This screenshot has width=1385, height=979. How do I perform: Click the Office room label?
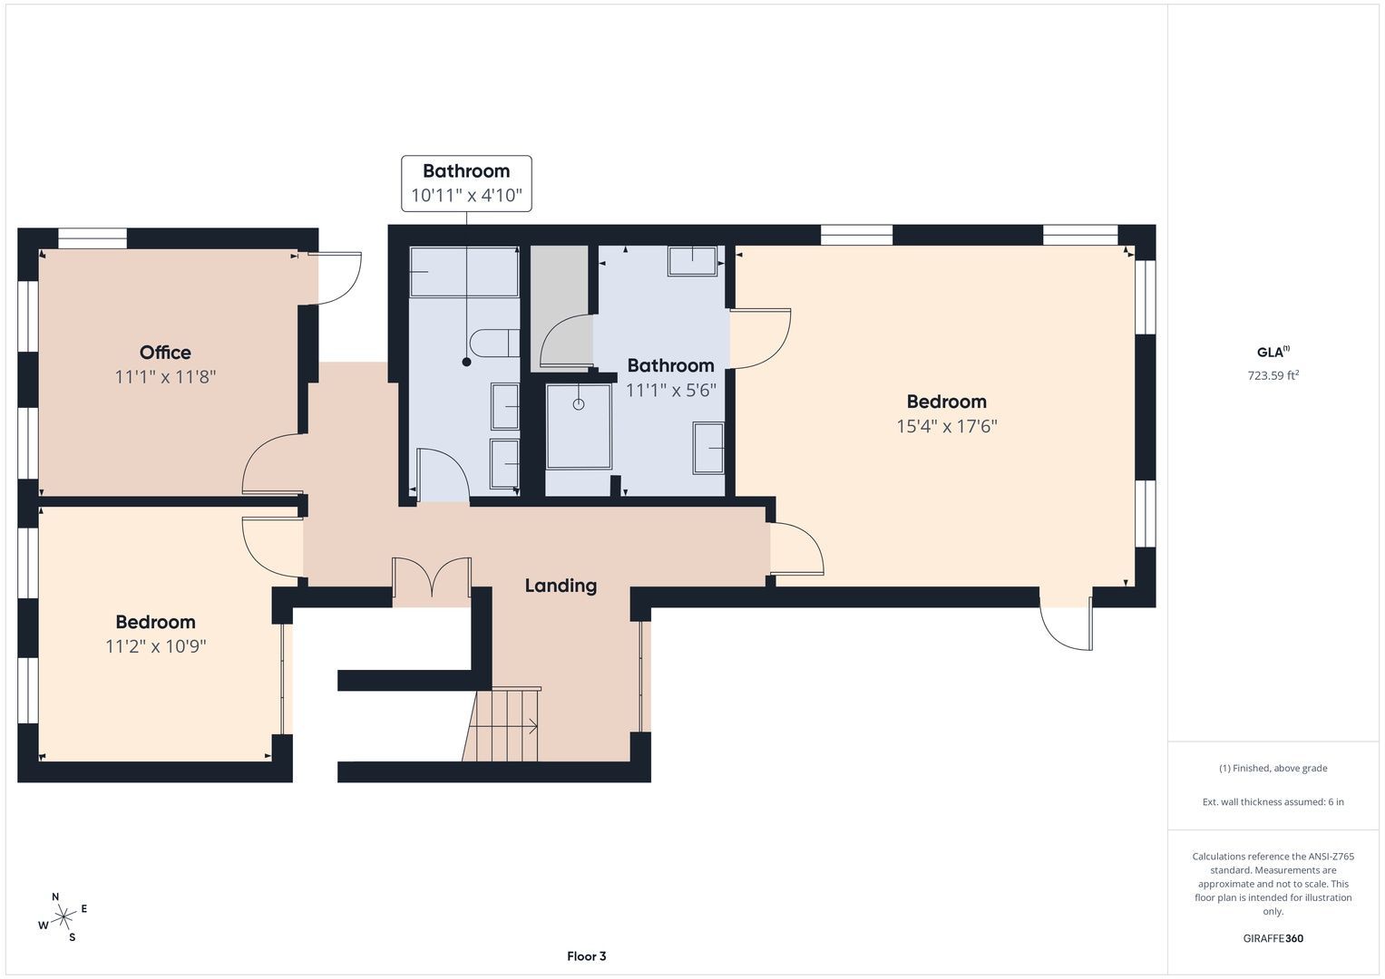click(165, 353)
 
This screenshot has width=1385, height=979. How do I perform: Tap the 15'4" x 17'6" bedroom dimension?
click(947, 426)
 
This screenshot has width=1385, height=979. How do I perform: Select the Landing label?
click(561, 586)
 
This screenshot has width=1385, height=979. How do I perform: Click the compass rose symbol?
click(63, 916)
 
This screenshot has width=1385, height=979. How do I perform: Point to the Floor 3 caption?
click(586, 956)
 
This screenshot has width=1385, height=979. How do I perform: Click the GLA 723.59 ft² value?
click(1273, 375)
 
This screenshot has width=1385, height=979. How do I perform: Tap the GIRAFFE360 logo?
click(1273, 938)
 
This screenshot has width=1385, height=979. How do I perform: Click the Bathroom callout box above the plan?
click(466, 183)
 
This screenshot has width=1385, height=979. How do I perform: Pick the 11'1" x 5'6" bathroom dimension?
click(671, 391)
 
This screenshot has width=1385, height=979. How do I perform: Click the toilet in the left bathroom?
click(494, 343)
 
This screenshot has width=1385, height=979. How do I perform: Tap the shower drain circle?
click(578, 404)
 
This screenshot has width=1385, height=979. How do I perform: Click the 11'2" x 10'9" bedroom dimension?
click(155, 646)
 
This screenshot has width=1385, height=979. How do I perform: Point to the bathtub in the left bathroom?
click(464, 272)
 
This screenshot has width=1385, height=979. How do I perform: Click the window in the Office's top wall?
click(93, 238)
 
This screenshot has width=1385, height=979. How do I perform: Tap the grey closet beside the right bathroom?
click(560, 308)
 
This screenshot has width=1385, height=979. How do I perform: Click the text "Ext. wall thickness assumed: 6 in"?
click(1273, 801)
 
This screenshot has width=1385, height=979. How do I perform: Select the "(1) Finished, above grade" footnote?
click(1273, 769)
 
